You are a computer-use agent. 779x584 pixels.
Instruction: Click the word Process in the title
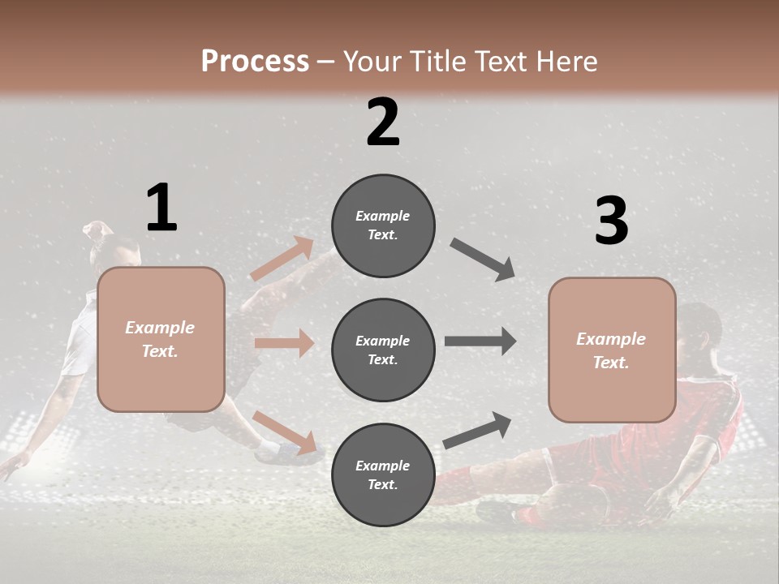click(x=255, y=61)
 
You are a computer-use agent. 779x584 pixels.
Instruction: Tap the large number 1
click(x=161, y=208)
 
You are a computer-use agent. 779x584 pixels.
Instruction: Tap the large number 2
click(x=383, y=122)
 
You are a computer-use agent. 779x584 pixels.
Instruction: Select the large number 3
click(x=611, y=221)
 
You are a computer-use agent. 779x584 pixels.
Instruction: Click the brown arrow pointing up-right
click(x=282, y=259)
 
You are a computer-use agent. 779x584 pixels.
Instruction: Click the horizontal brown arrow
click(x=284, y=343)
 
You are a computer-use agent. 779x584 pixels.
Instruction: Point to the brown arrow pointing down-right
click(x=284, y=432)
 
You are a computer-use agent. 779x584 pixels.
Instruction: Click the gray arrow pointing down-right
click(x=484, y=260)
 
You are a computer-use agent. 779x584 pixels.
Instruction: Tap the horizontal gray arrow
click(x=480, y=341)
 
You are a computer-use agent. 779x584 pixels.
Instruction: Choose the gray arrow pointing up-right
click(x=477, y=431)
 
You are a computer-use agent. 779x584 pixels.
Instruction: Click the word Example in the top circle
click(x=382, y=216)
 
